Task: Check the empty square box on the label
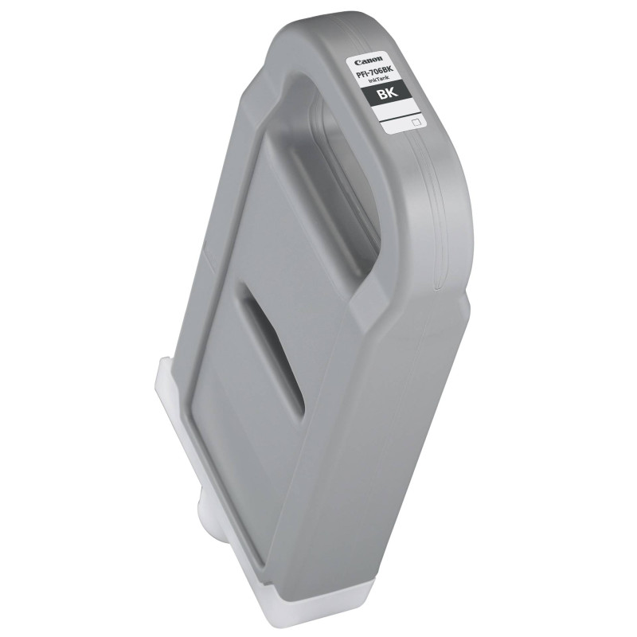point(414,123)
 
